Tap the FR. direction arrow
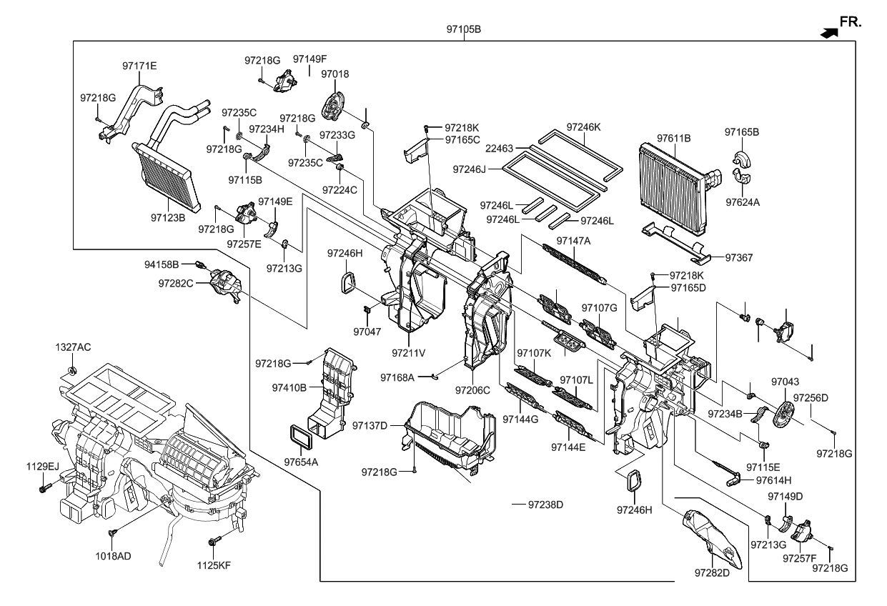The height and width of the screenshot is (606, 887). (829, 32)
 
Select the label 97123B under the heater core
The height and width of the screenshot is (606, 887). (168, 215)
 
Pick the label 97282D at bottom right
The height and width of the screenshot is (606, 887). (711, 572)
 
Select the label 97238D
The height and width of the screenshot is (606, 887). (546, 505)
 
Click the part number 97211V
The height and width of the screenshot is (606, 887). (408, 352)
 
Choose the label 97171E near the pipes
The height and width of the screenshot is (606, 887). (139, 66)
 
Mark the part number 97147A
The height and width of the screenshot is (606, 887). (573, 240)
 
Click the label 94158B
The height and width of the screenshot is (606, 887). (161, 264)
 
